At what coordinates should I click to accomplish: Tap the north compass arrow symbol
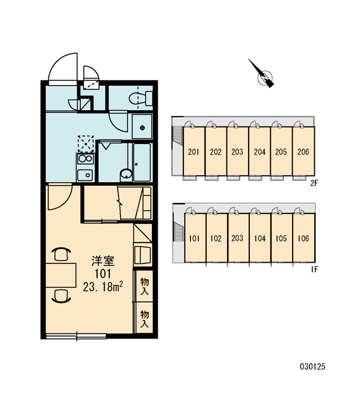[262, 74]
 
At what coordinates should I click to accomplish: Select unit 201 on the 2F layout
[194, 151]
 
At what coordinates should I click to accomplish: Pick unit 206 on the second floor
[303, 151]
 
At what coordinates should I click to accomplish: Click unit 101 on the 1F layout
[194, 238]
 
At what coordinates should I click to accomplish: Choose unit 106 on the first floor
[304, 238]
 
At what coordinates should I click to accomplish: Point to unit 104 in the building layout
[260, 238]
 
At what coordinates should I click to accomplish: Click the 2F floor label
[314, 183]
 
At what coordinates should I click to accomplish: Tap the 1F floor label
[314, 270]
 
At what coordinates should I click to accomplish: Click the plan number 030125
[313, 367]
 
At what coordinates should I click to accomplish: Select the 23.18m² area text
[103, 287]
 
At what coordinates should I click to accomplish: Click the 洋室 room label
[103, 261]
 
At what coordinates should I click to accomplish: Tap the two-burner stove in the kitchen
[86, 159]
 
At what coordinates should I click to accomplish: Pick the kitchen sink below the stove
[85, 175]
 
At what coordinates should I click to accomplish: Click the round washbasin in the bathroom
[126, 174]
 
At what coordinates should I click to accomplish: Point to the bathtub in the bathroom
[142, 162]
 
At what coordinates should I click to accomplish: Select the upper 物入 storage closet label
[145, 286]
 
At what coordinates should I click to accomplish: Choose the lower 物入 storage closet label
[145, 318]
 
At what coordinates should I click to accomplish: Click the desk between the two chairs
[61, 275]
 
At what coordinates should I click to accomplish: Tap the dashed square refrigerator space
[86, 144]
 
